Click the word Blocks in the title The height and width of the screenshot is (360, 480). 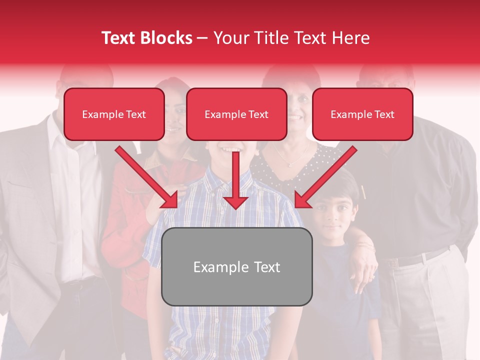click(x=167, y=38)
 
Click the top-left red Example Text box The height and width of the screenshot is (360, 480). click(x=114, y=114)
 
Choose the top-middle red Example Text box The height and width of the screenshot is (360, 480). click(x=236, y=114)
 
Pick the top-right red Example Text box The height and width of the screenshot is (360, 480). click(x=362, y=114)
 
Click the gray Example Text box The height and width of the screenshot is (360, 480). click(x=236, y=267)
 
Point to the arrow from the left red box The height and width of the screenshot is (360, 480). click(x=146, y=176)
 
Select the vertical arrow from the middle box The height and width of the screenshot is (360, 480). click(x=235, y=180)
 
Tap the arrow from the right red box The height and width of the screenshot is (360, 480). click(x=325, y=176)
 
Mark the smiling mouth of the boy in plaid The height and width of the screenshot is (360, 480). click(x=229, y=148)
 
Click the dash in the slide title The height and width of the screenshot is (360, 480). click(x=202, y=38)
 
